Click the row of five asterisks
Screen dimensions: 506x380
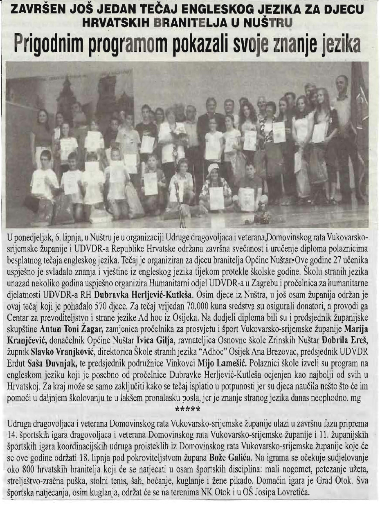187,397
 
